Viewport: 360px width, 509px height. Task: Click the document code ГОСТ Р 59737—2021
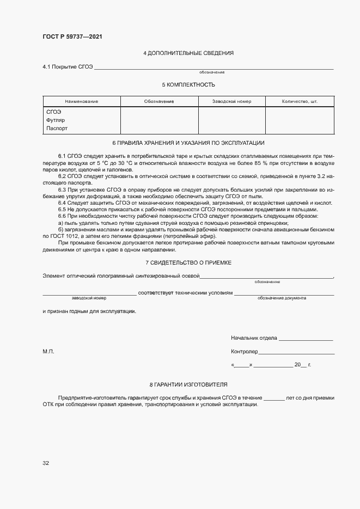pos(72,37)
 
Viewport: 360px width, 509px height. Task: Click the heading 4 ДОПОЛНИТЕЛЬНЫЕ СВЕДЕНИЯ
pos(188,53)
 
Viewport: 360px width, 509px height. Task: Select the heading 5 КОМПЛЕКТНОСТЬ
pos(188,85)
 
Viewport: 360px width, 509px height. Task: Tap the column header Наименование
pos(81,102)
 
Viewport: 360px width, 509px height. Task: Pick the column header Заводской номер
pos(231,102)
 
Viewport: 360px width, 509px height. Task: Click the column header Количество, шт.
pos(300,102)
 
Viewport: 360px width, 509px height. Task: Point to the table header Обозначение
pos(159,102)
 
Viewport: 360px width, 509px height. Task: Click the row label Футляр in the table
pos(56,120)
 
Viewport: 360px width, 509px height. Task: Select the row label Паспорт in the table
pos(57,128)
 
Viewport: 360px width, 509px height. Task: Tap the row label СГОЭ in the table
pos(54,111)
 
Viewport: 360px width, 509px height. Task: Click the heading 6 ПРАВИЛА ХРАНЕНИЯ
pos(188,143)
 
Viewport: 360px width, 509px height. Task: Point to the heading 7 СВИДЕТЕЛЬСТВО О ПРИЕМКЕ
pos(188,263)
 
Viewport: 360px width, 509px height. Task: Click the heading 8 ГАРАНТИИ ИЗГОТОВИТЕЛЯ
pos(188,385)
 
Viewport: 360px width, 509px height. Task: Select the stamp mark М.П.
pos(48,352)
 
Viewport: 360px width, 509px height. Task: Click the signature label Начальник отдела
pos(254,338)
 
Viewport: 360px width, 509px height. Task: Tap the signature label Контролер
pos(245,352)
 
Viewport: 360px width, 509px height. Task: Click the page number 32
pos(46,463)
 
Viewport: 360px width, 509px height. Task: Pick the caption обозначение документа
pos(282,298)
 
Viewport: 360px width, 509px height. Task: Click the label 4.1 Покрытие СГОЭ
pos(68,67)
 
